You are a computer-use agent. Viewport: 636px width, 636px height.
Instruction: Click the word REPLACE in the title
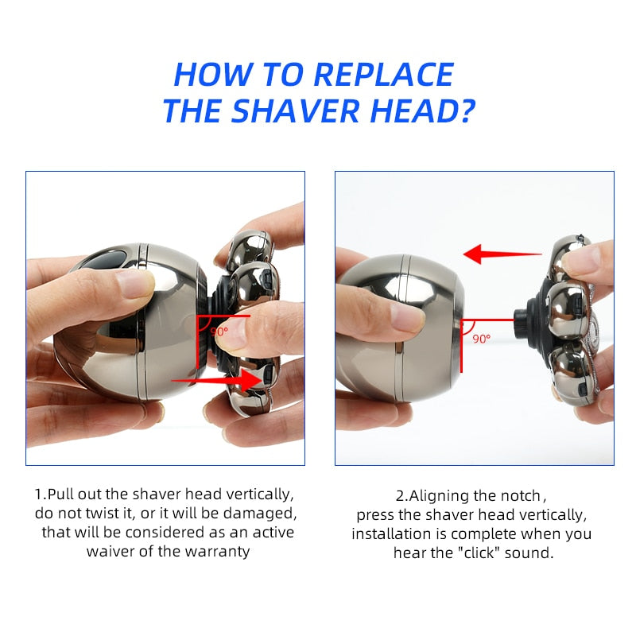(384, 75)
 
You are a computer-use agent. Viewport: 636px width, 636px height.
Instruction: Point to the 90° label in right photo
(482, 338)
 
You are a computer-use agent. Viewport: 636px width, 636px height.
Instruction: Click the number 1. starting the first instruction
(40, 494)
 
